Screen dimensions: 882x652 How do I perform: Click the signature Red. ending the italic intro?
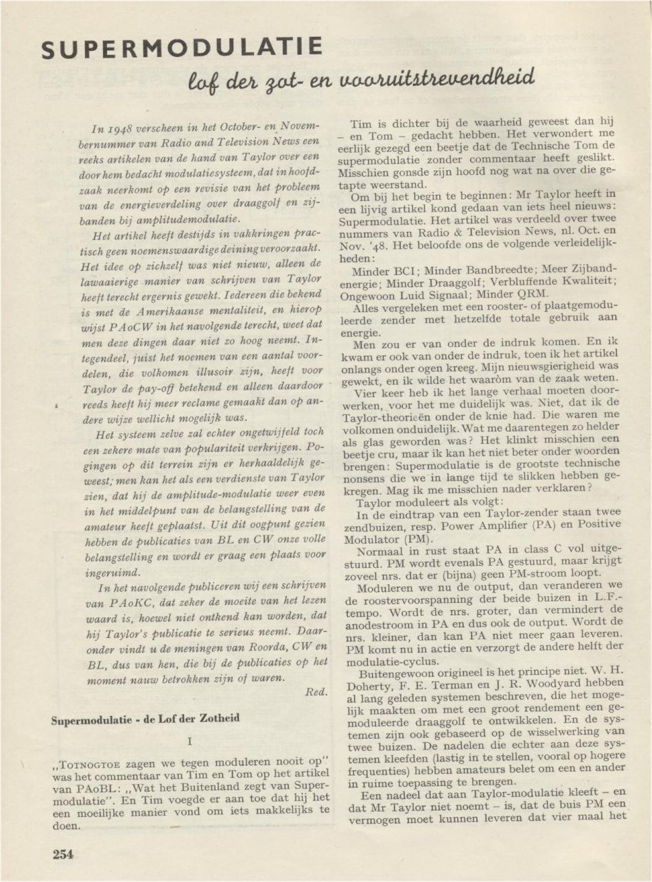tap(317, 692)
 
